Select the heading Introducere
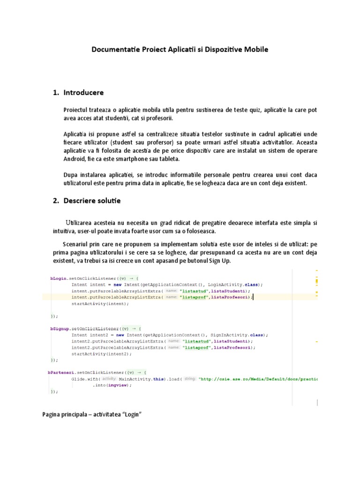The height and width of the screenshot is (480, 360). pyautogui.click(x=84, y=92)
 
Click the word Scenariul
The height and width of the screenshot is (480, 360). pyautogui.click(x=78, y=244)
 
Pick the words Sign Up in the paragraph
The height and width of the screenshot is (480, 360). pyautogui.click(x=220, y=261)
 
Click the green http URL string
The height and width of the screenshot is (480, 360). pyautogui.click(x=258, y=379)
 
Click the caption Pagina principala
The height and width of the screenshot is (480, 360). pyautogui.click(x=64, y=415)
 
